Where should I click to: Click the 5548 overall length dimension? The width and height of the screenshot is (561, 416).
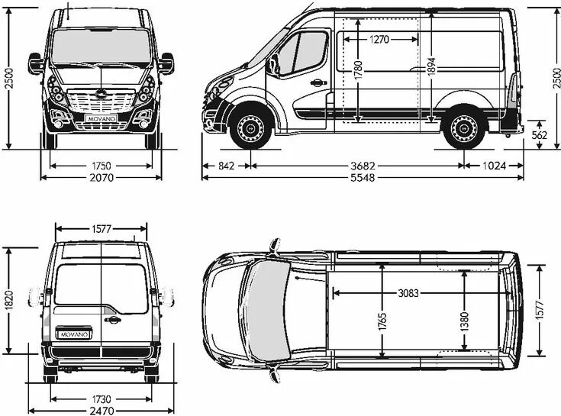coord(363,177)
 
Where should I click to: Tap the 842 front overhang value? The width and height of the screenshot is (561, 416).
coord(225,165)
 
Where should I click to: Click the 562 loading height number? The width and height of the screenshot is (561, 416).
coord(540,135)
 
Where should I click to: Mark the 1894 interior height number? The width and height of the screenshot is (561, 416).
coord(432,67)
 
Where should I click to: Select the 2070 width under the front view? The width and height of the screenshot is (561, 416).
coord(102,177)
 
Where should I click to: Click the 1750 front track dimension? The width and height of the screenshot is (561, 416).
coord(101,165)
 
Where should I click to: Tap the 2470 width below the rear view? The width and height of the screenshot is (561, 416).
coord(102,411)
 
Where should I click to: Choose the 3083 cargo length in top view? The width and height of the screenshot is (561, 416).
coord(413,292)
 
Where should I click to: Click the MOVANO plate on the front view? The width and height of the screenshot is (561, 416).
coord(101,121)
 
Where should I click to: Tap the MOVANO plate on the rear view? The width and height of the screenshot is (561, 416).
coord(74,334)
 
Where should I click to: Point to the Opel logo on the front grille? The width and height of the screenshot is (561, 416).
coord(101,93)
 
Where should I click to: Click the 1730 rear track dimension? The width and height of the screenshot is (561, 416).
coord(102,398)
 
